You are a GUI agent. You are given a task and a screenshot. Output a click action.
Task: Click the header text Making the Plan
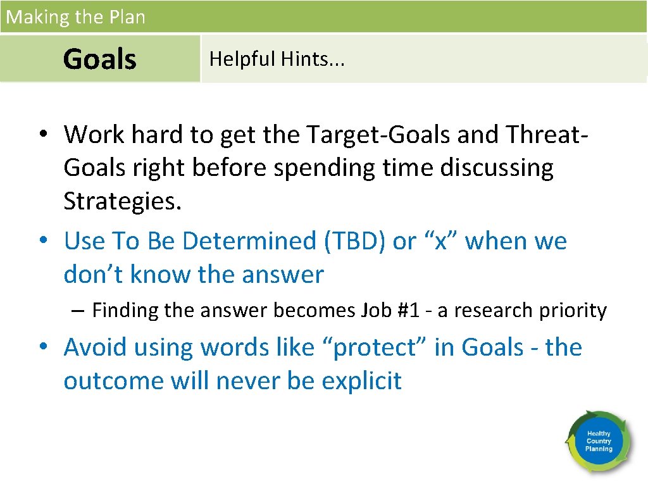[75, 17]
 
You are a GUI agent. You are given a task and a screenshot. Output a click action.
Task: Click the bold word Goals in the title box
[100, 59]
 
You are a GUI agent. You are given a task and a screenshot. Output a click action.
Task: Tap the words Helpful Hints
[277, 59]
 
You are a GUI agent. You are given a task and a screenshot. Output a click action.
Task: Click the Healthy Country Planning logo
[598, 440]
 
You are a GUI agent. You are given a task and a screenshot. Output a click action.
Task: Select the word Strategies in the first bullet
[122, 202]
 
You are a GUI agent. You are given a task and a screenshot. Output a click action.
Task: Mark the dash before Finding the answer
[78, 311]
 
